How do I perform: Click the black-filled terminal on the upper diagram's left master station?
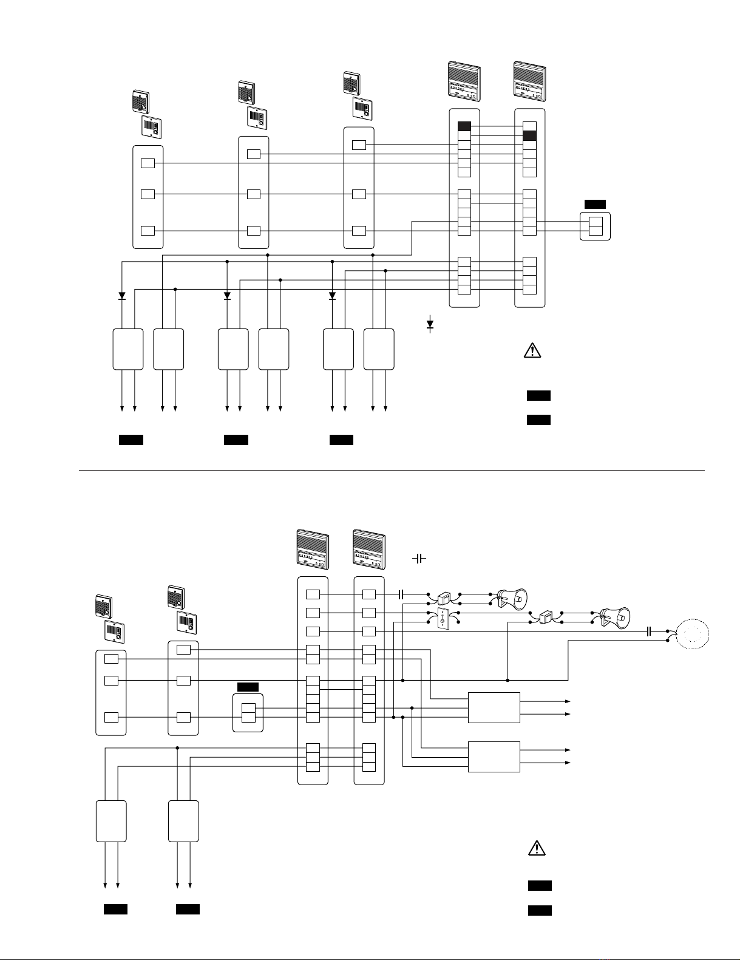click(464, 126)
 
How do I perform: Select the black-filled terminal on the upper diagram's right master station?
click(529, 135)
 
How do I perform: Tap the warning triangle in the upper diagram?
click(532, 350)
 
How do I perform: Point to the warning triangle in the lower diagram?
click(536, 848)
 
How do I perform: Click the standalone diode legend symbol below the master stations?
click(430, 324)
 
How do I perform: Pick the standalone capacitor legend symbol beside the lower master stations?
click(419, 558)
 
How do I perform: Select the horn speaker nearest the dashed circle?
click(614, 618)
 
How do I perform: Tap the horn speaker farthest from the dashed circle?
click(512, 599)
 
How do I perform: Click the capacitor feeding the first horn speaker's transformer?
click(401, 594)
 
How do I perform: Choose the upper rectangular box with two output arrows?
click(494, 707)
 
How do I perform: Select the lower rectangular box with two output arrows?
click(494, 757)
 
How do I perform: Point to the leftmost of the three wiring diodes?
click(122, 296)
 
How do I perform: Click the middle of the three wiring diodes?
click(227, 296)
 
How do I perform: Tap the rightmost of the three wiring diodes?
click(332, 296)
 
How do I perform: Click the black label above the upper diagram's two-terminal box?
click(595, 204)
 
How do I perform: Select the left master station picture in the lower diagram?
click(313, 550)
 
